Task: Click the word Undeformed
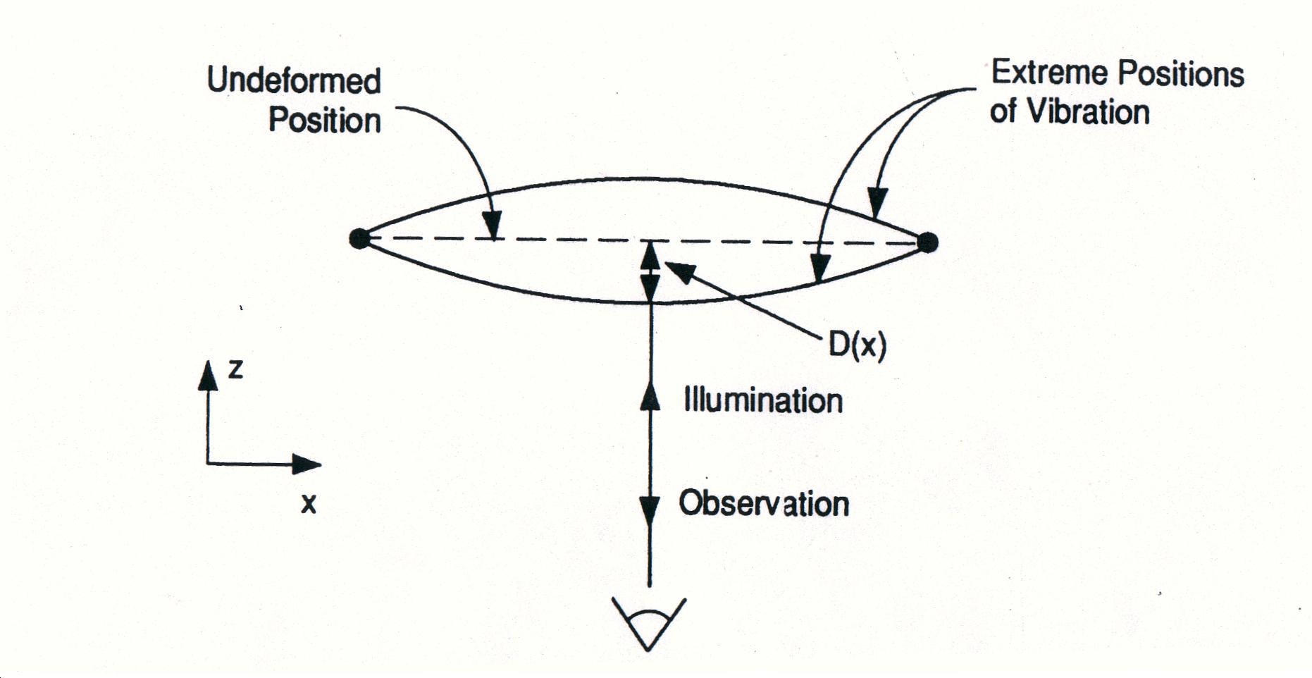tap(294, 80)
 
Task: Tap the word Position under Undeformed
tap(324, 120)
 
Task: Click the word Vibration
tap(1088, 112)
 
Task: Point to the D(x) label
tap(857, 345)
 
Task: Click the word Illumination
tap(763, 400)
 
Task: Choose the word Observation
tap(764, 503)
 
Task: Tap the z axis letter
tap(235, 369)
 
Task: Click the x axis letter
tap(309, 503)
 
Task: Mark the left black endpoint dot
tap(359, 238)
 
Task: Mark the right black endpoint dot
tap(928, 242)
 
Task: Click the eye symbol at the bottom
tap(648, 624)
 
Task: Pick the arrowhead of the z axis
tap(208, 375)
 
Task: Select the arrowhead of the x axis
tap(307, 464)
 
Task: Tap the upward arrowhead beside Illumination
tap(650, 396)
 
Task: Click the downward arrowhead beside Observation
tap(650, 509)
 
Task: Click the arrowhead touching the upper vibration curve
tap(877, 203)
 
